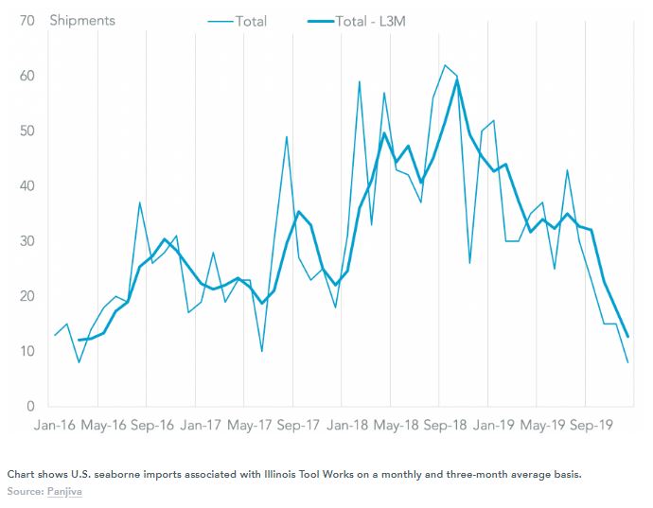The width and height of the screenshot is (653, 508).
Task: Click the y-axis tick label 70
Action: (x=27, y=20)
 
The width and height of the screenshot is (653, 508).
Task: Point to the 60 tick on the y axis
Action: (x=27, y=76)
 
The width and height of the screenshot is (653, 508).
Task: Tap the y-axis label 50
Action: (x=27, y=131)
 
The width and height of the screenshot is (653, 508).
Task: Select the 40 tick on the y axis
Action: (x=27, y=185)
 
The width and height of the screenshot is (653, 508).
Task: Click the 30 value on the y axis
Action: (x=27, y=241)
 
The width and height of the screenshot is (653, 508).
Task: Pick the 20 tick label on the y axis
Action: (x=27, y=296)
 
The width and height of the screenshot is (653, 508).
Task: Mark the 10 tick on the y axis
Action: (x=27, y=351)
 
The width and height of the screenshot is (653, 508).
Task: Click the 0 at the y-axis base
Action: (x=31, y=407)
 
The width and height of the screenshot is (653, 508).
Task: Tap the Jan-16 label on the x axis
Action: (x=54, y=426)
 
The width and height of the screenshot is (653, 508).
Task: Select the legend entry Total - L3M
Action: (x=373, y=21)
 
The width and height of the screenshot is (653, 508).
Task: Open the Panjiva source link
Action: (x=62, y=492)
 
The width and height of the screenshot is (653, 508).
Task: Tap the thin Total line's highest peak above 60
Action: (x=445, y=65)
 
